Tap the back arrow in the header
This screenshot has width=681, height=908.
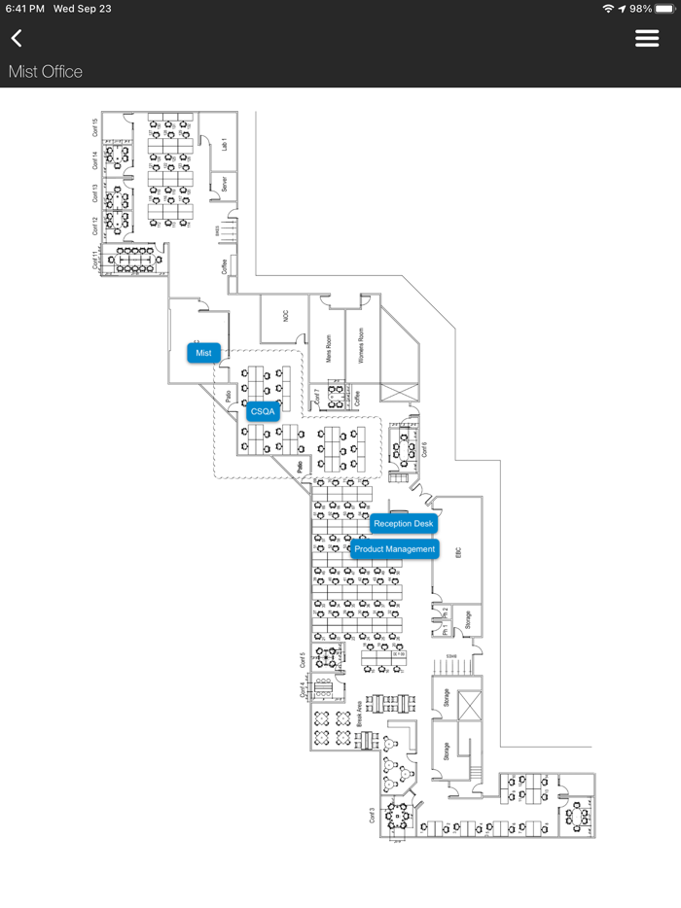coord(17,38)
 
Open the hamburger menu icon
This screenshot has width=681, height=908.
coord(647,38)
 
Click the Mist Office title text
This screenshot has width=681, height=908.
coord(46,72)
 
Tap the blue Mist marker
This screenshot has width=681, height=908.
coord(203,353)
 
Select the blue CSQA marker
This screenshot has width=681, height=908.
coord(263,412)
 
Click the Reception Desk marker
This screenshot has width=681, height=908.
coord(403,524)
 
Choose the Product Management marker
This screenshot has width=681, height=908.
coord(394,549)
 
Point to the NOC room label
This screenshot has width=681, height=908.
coord(286,316)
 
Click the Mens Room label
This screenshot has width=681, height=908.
coord(329,345)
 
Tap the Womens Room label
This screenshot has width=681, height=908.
coord(361,345)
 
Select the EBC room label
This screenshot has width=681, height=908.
coord(458,552)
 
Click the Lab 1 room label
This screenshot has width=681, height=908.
coord(224,145)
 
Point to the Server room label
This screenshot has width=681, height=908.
coord(224,183)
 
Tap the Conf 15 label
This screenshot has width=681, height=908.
coord(95,127)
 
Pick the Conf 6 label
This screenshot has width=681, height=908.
coord(424,449)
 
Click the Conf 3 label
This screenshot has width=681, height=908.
coord(373,816)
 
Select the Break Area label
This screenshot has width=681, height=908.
coord(360,715)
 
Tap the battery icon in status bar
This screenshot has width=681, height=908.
coord(663,9)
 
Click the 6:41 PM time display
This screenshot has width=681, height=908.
coord(24,9)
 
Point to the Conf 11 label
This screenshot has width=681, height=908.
coord(95,260)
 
